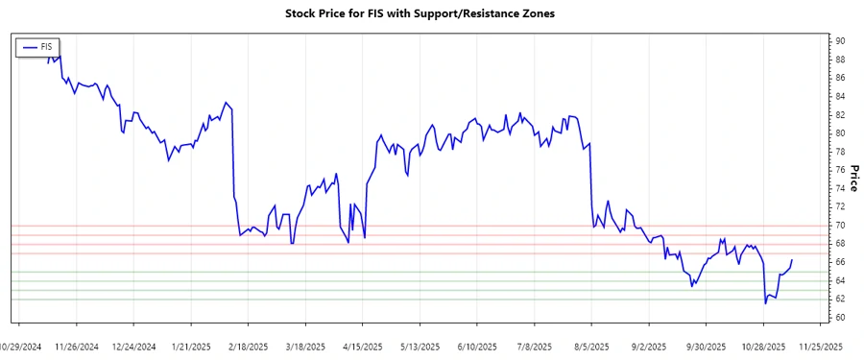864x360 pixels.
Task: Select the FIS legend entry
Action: click(37, 46)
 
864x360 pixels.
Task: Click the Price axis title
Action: click(854, 179)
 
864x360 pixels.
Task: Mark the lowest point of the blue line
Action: click(765, 303)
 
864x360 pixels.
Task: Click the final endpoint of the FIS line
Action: click(792, 260)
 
